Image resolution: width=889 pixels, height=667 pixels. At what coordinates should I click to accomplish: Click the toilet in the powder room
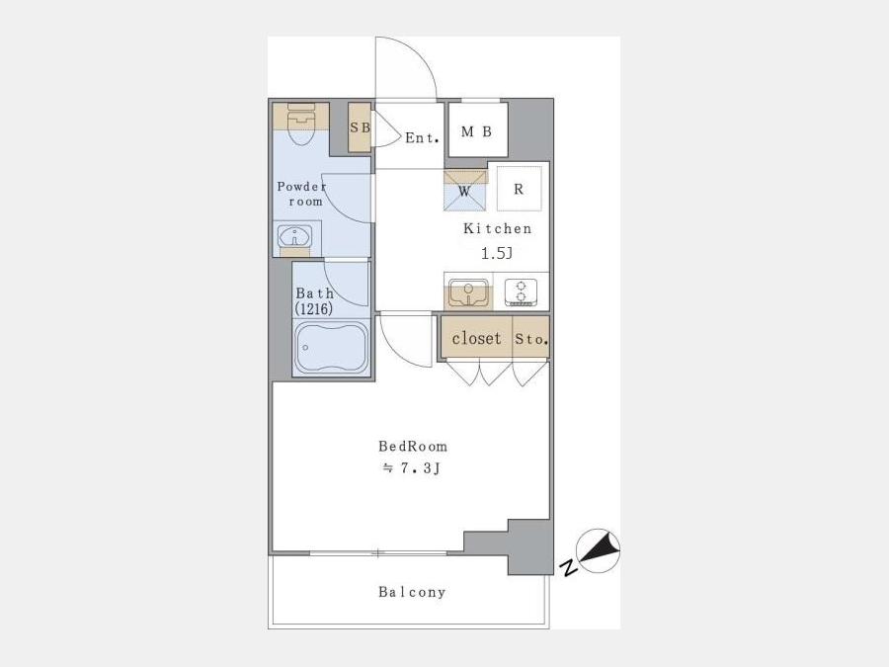click(x=301, y=124)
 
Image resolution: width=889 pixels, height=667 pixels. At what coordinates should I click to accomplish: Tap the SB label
click(x=360, y=127)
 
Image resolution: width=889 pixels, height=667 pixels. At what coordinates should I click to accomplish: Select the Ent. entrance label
click(x=423, y=137)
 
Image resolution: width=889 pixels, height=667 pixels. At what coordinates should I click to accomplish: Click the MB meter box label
click(x=476, y=131)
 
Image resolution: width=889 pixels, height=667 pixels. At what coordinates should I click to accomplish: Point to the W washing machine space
click(x=464, y=191)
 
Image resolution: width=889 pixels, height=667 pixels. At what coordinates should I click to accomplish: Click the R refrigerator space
click(x=519, y=189)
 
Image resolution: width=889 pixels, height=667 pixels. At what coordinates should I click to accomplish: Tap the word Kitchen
click(x=497, y=228)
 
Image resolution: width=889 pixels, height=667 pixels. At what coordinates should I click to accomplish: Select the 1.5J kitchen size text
click(x=497, y=253)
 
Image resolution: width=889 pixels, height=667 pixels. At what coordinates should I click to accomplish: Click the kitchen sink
click(x=468, y=292)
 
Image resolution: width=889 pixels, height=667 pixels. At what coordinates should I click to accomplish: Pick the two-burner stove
click(x=521, y=292)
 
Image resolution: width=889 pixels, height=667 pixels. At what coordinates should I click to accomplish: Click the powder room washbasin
click(x=294, y=236)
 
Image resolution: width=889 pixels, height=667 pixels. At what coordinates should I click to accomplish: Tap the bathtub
click(x=332, y=347)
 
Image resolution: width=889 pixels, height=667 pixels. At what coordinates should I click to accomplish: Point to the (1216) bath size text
click(x=313, y=308)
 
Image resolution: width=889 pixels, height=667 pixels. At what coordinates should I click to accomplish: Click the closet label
click(x=477, y=338)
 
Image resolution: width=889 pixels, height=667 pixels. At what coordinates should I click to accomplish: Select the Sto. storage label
click(x=531, y=339)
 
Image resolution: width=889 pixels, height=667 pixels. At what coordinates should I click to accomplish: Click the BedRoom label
click(x=413, y=447)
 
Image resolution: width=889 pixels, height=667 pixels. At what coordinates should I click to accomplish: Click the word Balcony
click(x=412, y=592)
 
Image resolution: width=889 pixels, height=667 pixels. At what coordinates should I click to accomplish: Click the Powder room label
click(x=302, y=194)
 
